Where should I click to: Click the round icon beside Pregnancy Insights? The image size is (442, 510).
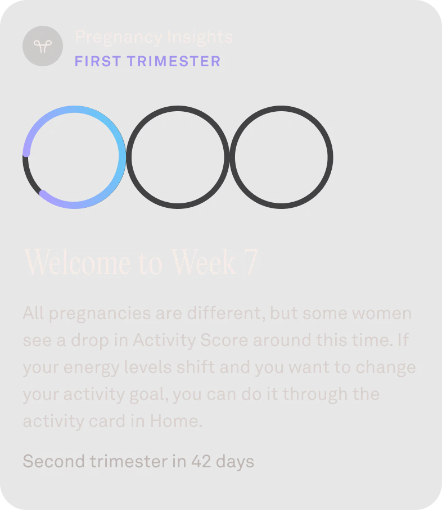click(42, 45)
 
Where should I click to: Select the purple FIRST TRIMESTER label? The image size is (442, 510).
click(147, 61)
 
